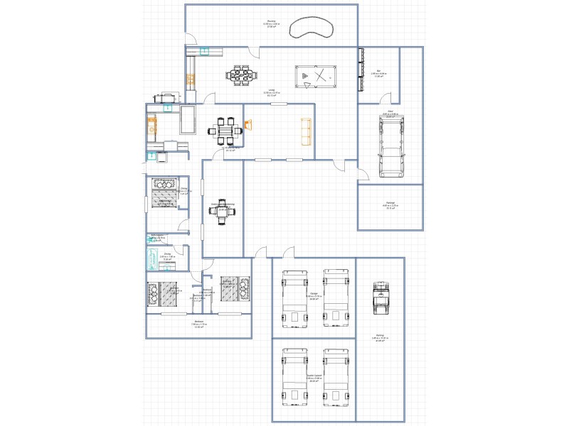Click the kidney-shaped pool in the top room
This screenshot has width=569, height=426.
tap(313, 27)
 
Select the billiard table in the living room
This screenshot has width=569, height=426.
tap(315, 76)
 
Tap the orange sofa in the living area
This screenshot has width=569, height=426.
tap(307, 131)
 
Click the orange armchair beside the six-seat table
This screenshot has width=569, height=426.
tap(248, 125)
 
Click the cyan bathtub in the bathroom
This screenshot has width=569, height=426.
tap(151, 257)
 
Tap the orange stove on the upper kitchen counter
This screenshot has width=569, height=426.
tap(191, 78)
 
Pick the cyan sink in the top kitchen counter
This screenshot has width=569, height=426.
tap(204, 51)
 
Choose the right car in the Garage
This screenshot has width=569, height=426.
tap(336, 297)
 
